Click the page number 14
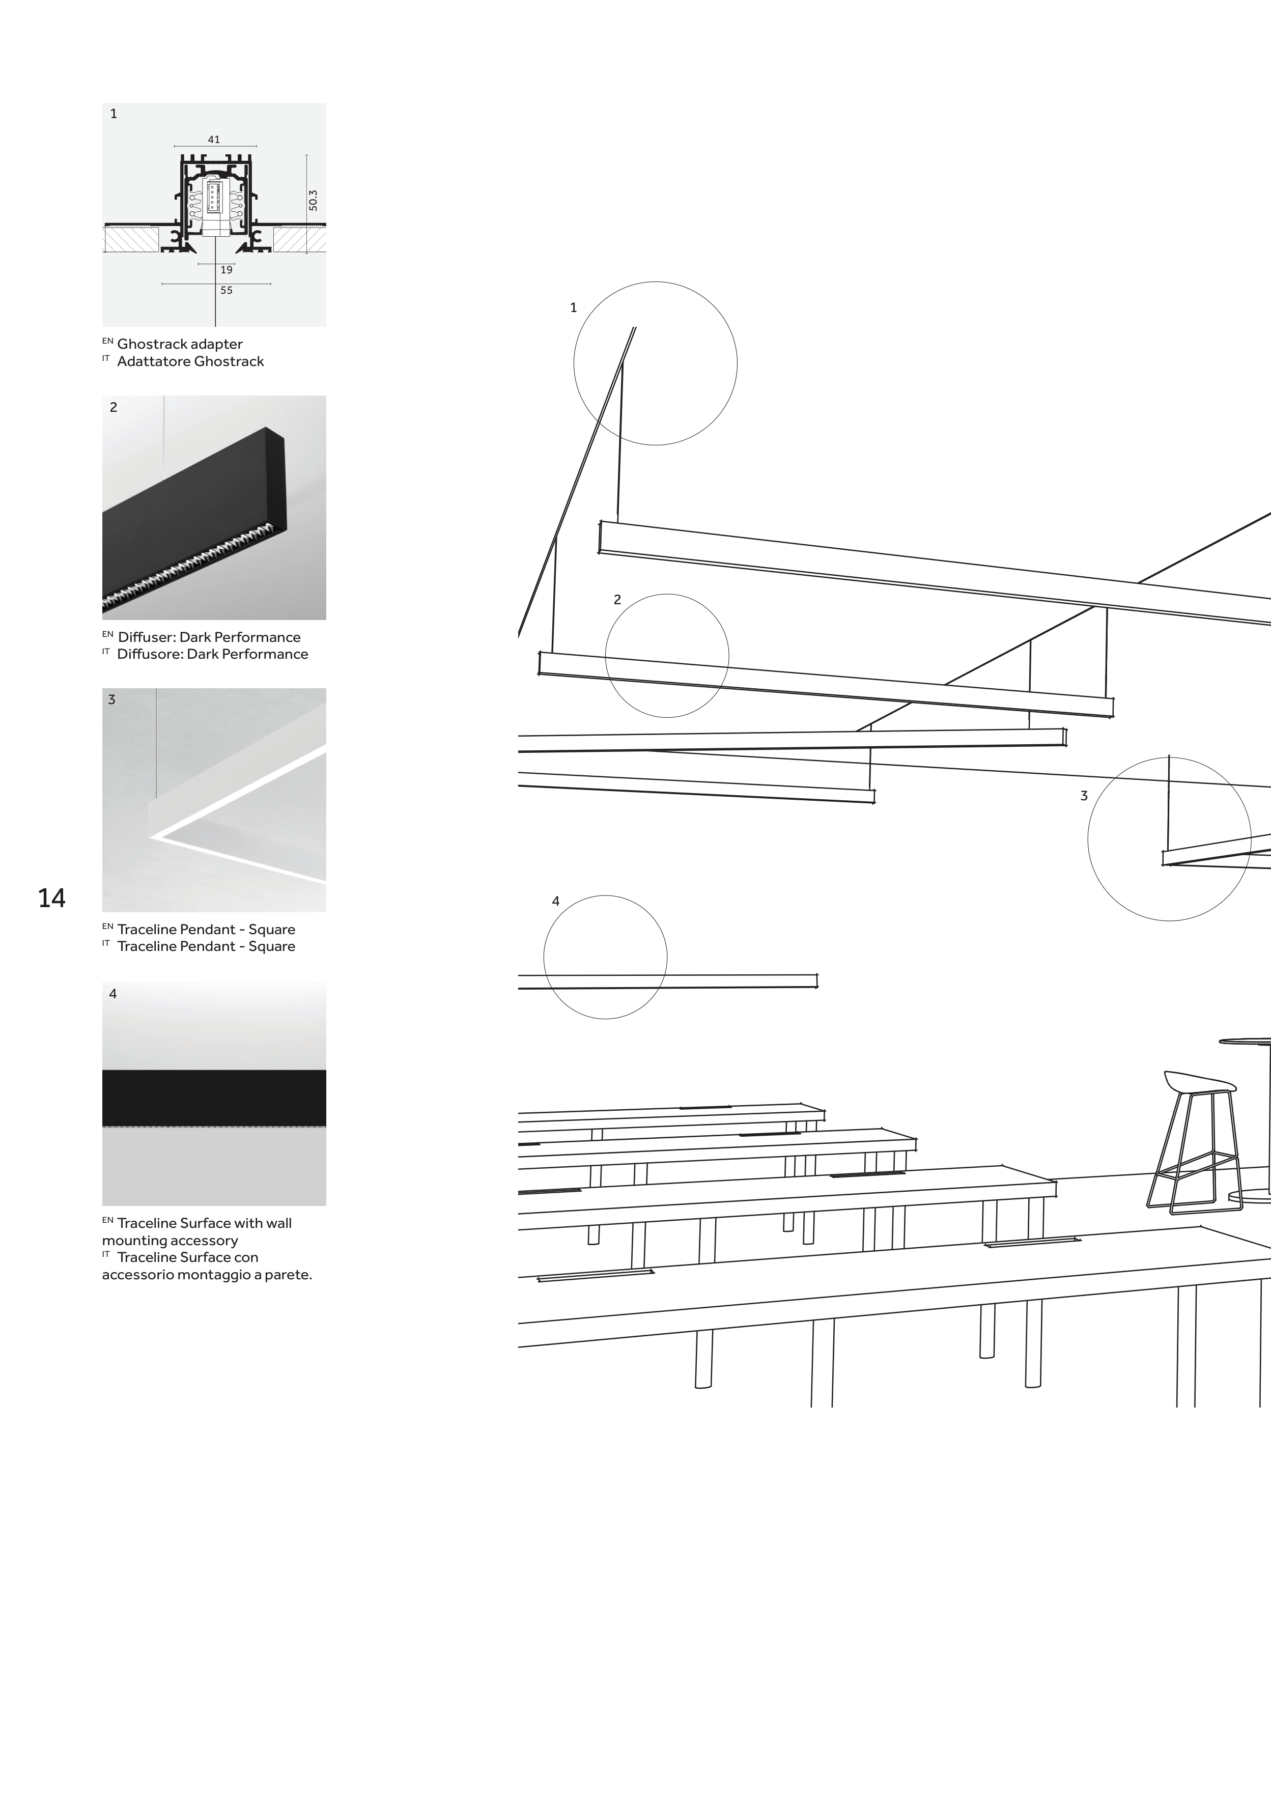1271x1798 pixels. tap(52, 898)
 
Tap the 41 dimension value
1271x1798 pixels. tap(214, 139)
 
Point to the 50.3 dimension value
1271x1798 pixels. tap(313, 201)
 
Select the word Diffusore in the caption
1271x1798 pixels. tap(150, 654)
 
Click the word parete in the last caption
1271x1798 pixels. tap(289, 1274)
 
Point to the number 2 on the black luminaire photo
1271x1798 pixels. tap(114, 407)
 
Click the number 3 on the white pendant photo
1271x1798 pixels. tap(112, 700)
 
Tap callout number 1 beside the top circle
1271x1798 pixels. tap(573, 308)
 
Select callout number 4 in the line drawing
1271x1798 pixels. tap(556, 902)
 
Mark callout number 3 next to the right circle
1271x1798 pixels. tap(1084, 796)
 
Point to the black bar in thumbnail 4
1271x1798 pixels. tap(214, 1098)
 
